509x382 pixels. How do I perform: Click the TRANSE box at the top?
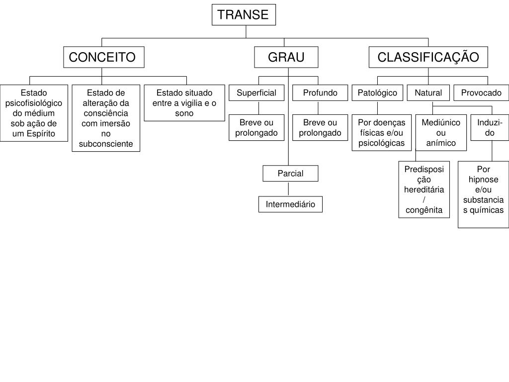(x=244, y=14)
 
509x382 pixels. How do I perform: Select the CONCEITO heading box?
(x=103, y=57)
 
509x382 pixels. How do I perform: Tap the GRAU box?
(x=286, y=57)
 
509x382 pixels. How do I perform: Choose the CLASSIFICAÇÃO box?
(x=428, y=57)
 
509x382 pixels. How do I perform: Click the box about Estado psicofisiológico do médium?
(x=34, y=113)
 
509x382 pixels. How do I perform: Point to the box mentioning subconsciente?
(x=106, y=118)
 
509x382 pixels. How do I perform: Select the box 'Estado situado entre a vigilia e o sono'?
(x=184, y=103)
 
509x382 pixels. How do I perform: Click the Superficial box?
(x=256, y=93)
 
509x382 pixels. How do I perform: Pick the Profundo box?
(x=320, y=93)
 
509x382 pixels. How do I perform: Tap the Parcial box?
(x=290, y=173)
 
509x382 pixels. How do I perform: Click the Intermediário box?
(x=290, y=204)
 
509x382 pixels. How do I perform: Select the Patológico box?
(x=377, y=93)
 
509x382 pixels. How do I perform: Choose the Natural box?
(x=428, y=93)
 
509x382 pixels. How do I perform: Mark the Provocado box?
(x=481, y=93)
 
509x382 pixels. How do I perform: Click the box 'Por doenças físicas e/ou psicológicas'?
(x=382, y=133)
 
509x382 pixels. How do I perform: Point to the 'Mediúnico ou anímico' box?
(x=441, y=133)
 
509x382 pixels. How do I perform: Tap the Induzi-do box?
(x=490, y=128)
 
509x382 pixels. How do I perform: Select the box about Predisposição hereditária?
(x=424, y=190)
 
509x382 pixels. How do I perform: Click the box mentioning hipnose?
(x=483, y=194)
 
